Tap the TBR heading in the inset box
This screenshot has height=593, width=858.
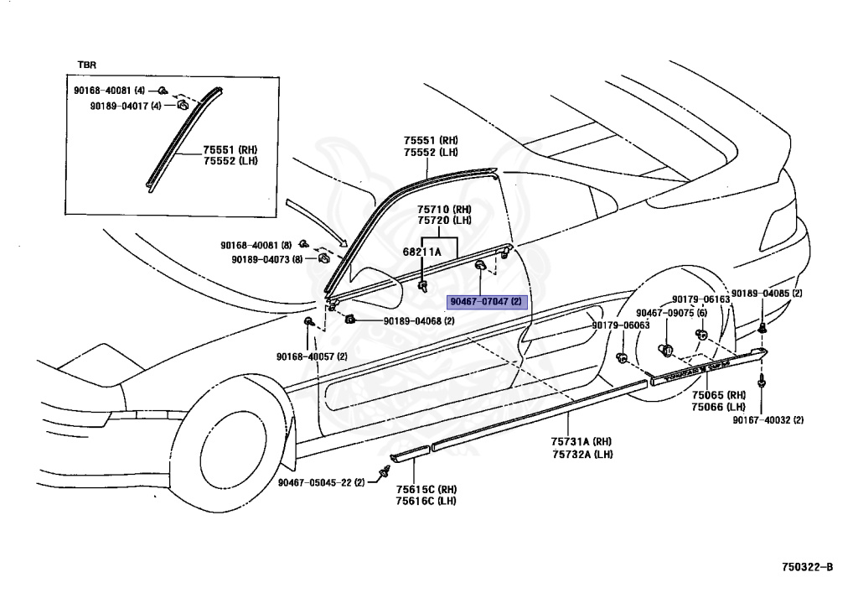click(87, 65)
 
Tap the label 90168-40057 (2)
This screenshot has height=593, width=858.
click(312, 356)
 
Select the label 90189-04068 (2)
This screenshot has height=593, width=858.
click(419, 321)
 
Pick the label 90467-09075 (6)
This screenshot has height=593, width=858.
click(671, 313)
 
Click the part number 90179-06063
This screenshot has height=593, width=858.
click(620, 325)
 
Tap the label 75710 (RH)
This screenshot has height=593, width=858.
click(445, 209)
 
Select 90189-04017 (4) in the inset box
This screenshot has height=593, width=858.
click(126, 106)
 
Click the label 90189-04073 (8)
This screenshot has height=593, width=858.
click(266, 259)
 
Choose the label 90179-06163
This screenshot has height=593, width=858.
click(700, 299)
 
